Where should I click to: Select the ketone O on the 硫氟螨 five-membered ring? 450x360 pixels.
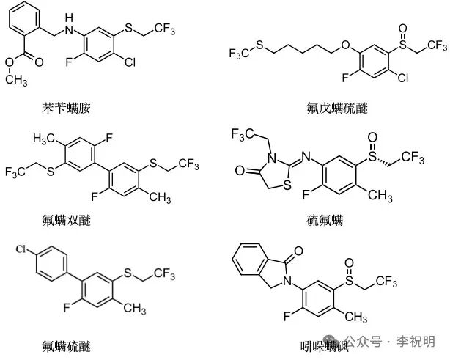click(238, 172)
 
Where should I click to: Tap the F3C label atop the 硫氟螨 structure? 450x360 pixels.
click(244, 133)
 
